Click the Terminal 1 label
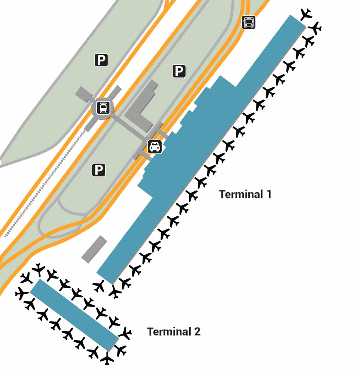(x=245, y=194)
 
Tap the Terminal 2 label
(x=174, y=332)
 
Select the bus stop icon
(x=249, y=22)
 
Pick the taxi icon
(x=155, y=147)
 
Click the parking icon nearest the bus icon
(x=179, y=71)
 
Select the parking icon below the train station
(x=98, y=169)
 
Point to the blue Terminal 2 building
(x=73, y=314)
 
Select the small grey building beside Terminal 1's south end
(x=94, y=249)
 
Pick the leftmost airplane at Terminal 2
(x=21, y=293)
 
